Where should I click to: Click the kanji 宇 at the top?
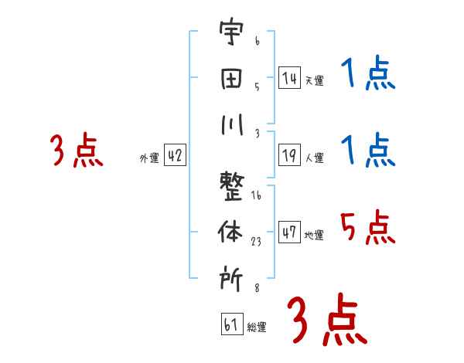pyautogui.click(x=231, y=32)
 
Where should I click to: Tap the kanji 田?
pyautogui.click(x=231, y=79)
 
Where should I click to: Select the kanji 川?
pyautogui.click(x=232, y=124)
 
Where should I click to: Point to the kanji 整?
pyautogui.click(x=232, y=186)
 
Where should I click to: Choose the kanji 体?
pyautogui.click(x=230, y=232)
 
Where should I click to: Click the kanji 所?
pyautogui.click(x=231, y=278)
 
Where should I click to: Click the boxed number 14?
pyautogui.click(x=289, y=77)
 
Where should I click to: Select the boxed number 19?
pyautogui.click(x=289, y=155)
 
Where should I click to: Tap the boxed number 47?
pyautogui.click(x=289, y=232)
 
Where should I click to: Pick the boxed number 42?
pyautogui.click(x=175, y=155)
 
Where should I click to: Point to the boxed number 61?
pyautogui.click(x=232, y=324)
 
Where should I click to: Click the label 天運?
pyautogui.click(x=314, y=80)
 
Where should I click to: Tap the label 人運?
pyautogui.click(x=314, y=158)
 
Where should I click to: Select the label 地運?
pyautogui.click(x=314, y=235)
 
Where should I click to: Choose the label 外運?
pyautogui.click(x=149, y=158)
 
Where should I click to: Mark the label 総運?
pyautogui.click(x=257, y=327)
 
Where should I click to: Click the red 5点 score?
pyautogui.click(x=368, y=227)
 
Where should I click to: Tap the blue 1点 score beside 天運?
pyautogui.click(x=368, y=73)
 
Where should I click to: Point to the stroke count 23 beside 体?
pyautogui.click(x=256, y=242)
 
